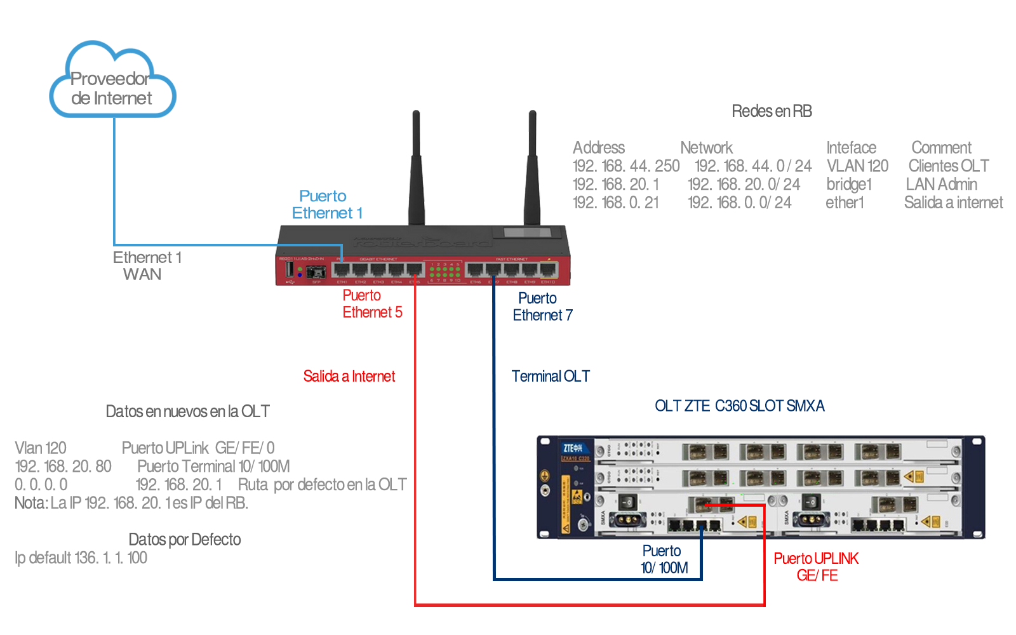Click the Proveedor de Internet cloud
[112, 82]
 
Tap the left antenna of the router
[417, 168]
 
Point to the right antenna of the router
[532, 168]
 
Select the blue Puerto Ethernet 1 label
[326, 204]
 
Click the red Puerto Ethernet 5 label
[372, 304]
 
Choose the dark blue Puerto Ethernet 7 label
[542, 307]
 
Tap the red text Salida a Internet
[349, 377]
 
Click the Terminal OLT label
[550, 377]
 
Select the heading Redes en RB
[772, 111]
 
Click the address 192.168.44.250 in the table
[625, 166]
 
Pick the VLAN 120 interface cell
[857, 166]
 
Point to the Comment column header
[941, 148]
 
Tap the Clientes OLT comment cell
[948, 166]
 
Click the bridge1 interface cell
[849, 185]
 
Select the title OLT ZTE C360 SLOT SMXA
[739, 406]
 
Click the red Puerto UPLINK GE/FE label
[816, 567]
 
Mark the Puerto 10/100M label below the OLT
[664, 559]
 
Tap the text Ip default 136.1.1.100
[81, 558]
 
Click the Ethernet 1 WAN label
[147, 266]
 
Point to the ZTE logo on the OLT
[572, 448]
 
